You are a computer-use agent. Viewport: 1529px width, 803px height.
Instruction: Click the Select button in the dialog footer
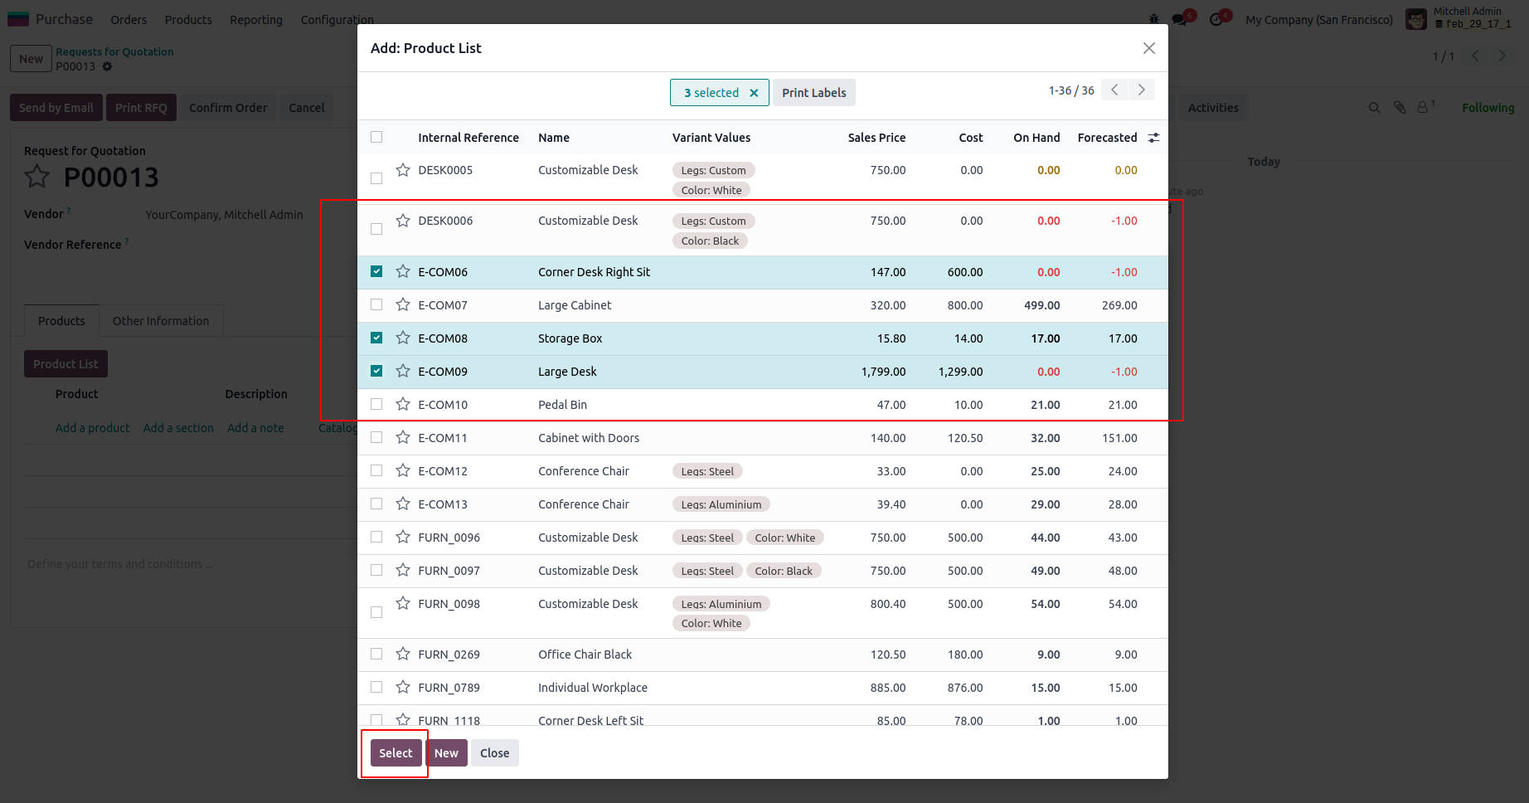pyautogui.click(x=396, y=753)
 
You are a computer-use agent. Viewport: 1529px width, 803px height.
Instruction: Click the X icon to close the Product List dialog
pyautogui.click(x=1148, y=48)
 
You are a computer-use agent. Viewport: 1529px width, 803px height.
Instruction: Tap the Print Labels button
pyautogui.click(x=813, y=93)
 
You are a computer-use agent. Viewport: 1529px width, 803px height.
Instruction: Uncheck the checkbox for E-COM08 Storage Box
pyautogui.click(x=376, y=338)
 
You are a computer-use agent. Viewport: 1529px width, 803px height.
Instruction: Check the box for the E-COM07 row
pyautogui.click(x=376, y=304)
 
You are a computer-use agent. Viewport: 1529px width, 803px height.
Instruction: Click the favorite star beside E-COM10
pyautogui.click(x=403, y=404)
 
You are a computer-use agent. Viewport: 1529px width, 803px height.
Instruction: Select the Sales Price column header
pyautogui.click(x=876, y=138)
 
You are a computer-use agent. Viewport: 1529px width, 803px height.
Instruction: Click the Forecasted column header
pyautogui.click(x=1106, y=138)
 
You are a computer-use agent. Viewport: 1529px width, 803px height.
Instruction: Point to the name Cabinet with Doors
pyautogui.click(x=589, y=438)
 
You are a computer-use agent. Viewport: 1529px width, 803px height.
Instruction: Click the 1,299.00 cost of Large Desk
pyautogui.click(x=960, y=372)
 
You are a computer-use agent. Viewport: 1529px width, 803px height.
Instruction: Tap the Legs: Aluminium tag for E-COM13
pyautogui.click(x=721, y=504)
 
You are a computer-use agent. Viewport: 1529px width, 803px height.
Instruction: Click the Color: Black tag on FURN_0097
pyautogui.click(x=783, y=571)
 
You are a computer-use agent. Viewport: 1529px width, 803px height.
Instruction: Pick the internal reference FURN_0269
pyautogui.click(x=449, y=655)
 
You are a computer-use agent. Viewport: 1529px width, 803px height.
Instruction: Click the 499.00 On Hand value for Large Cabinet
pyautogui.click(x=1041, y=305)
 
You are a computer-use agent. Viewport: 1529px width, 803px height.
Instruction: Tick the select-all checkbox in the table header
pyautogui.click(x=376, y=137)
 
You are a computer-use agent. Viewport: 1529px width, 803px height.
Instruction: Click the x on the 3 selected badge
pyautogui.click(x=754, y=93)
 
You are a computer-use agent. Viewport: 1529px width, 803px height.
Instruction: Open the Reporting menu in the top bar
pyautogui.click(x=256, y=20)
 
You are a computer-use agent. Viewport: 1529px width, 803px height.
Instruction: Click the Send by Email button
pyautogui.click(x=56, y=108)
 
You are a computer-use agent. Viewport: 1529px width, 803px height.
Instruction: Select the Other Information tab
pyautogui.click(x=161, y=321)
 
